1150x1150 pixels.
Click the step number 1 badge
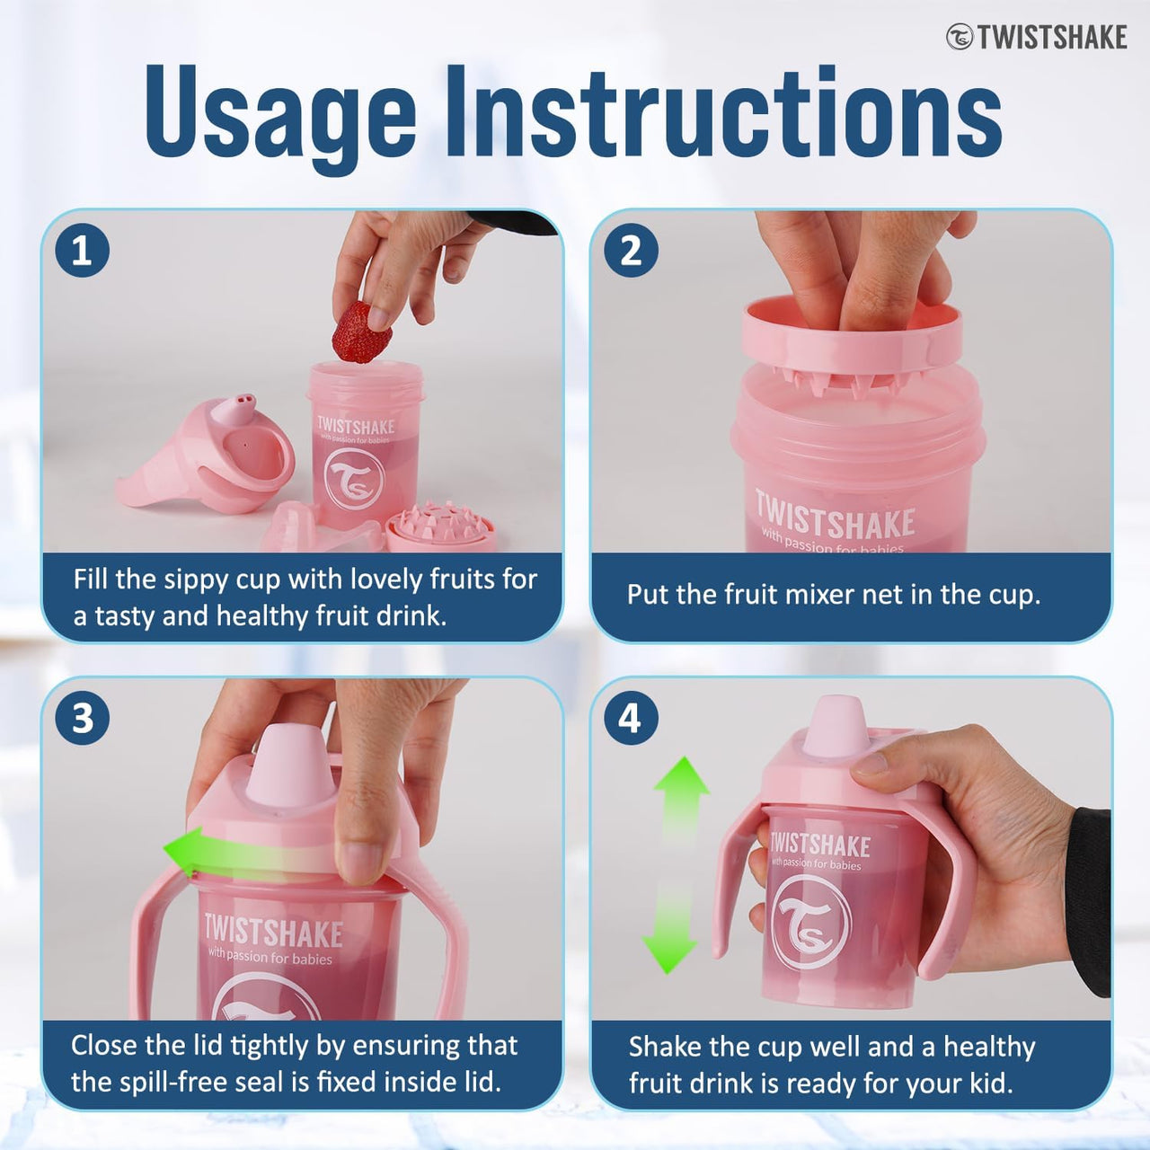pos(82,250)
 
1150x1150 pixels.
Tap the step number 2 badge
pos(631,250)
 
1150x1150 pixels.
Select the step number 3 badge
pos(82,718)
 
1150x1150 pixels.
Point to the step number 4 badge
pos(631,718)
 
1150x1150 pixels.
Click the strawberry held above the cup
pos(361,332)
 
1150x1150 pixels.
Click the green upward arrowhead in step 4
pos(681,778)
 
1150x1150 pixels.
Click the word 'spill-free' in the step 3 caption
pos(192,1081)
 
